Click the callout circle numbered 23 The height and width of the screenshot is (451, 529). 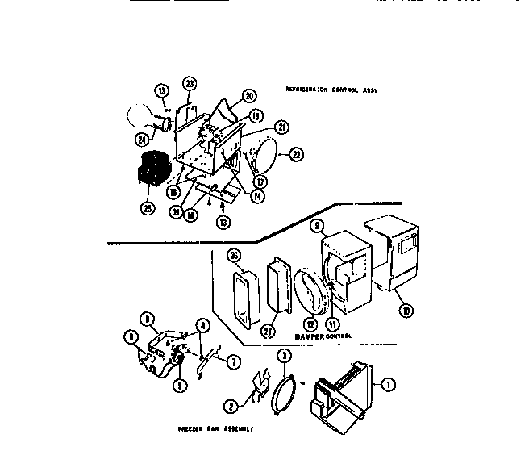tap(190, 83)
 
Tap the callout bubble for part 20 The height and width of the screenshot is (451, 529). tap(248, 94)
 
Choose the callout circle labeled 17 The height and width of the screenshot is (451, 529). tap(259, 182)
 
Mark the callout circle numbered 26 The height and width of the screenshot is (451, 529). tap(234, 257)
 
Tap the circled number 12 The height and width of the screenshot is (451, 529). tap(310, 325)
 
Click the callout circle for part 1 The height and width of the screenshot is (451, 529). tap(388, 385)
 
